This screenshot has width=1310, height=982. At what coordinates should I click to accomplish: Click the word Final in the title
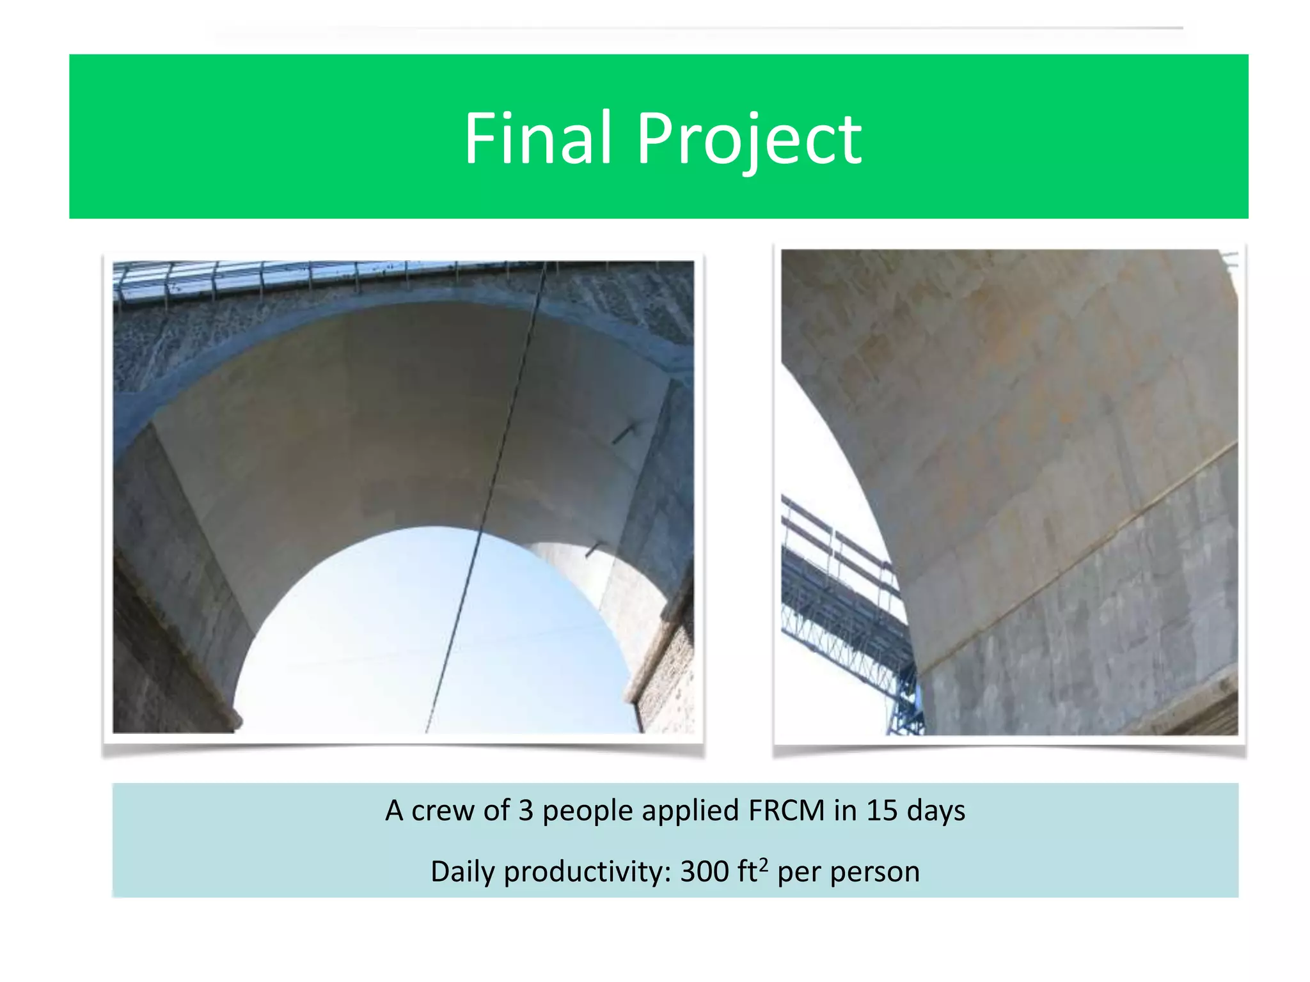(538, 138)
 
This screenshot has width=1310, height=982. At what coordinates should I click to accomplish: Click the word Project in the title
(749, 139)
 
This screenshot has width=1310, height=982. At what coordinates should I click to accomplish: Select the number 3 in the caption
(525, 811)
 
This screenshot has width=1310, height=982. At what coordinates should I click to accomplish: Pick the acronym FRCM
(786, 811)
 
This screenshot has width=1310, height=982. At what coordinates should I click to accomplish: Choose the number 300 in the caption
(704, 872)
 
